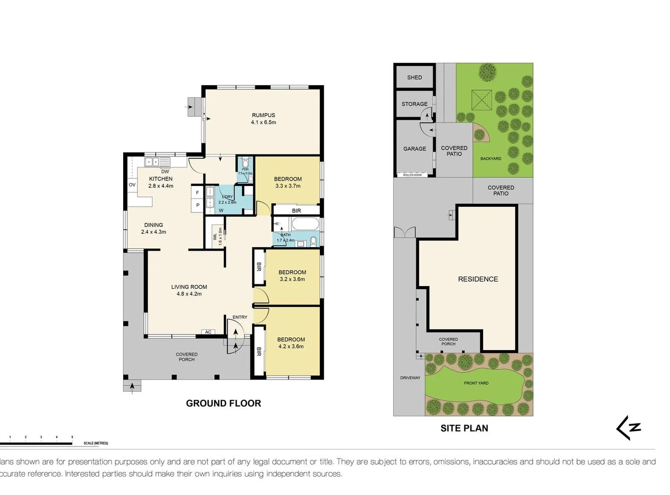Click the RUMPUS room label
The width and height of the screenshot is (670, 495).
pos(263,115)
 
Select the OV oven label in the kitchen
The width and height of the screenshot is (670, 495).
pos(132,185)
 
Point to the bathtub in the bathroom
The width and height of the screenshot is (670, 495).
pos(305,225)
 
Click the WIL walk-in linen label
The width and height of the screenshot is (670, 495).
pos(215,236)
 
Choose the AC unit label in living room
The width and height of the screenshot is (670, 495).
pos(208,332)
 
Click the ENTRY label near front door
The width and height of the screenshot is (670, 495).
pos(240,317)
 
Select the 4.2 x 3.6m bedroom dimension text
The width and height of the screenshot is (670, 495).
pos(291,346)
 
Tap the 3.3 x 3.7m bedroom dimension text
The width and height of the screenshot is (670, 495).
pos(288,186)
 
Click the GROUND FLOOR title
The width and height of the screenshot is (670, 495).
pos(223,403)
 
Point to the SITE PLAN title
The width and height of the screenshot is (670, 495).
pos(464,428)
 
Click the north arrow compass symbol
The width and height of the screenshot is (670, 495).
pos(629,428)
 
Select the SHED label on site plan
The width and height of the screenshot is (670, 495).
pos(414,77)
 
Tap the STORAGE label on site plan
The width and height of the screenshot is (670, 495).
pos(414,104)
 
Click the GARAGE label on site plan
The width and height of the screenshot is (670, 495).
pos(414,149)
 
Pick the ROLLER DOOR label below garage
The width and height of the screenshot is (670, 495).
pos(412,175)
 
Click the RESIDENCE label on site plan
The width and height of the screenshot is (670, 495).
pos(478,279)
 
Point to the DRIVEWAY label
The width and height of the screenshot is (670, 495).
pos(410,378)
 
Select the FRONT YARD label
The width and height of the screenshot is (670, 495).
pos(476,383)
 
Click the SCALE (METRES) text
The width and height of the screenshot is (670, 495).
pos(96,443)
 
